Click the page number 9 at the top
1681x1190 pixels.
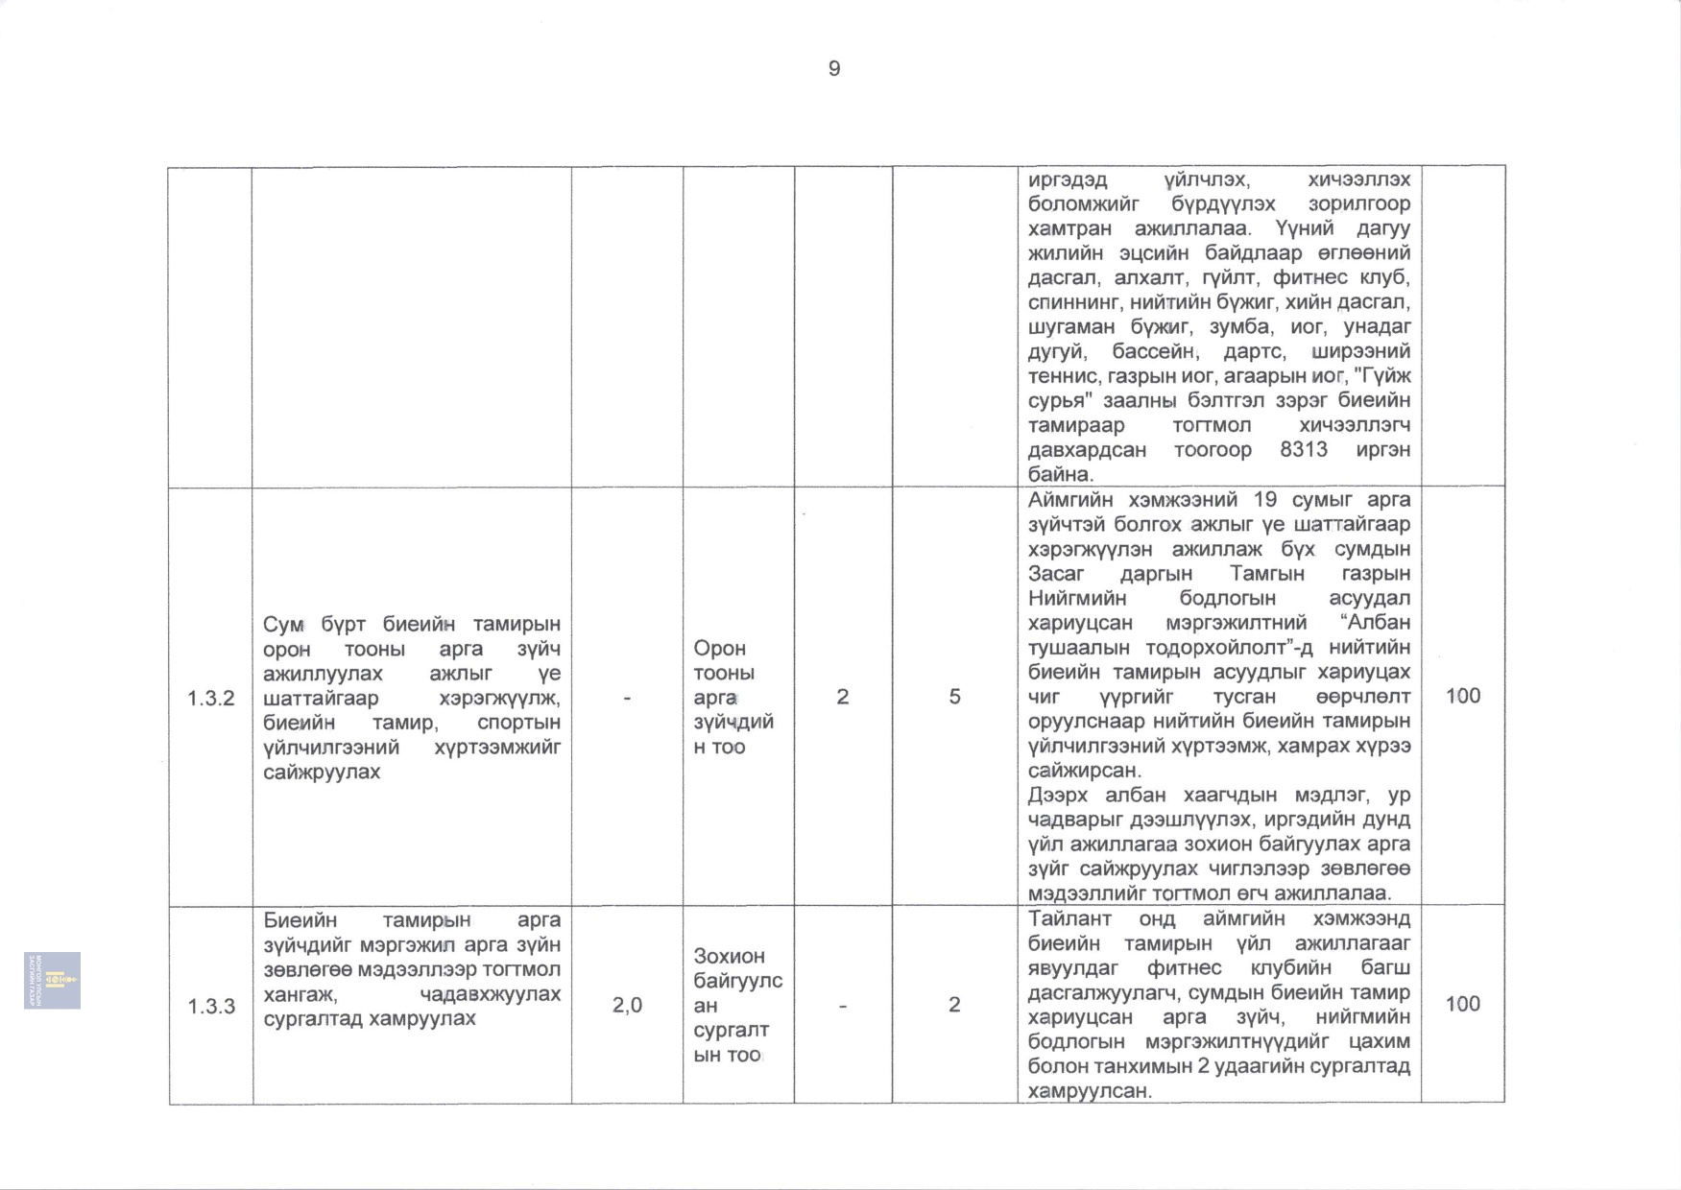click(x=833, y=69)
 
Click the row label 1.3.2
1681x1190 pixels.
click(x=210, y=698)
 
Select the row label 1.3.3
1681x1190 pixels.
click(x=211, y=1006)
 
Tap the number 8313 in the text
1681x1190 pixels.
click(x=1303, y=449)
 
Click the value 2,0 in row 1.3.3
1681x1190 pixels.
click(x=627, y=1005)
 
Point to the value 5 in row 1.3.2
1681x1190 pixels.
click(x=954, y=697)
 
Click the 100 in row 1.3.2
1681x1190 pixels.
click(x=1462, y=696)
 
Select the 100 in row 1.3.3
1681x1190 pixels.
click(x=1462, y=1004)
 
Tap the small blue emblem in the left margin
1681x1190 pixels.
click(x=53, y=980)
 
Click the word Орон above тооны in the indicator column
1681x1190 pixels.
click(x=719, y=648)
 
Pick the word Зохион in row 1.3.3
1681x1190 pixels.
click(x=729, y=956)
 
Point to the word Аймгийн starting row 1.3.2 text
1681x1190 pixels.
click(x=1070, y=499)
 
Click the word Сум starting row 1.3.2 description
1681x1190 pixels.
click(x=283, y=625)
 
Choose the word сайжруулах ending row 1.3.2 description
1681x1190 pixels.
click(x=322, y=772)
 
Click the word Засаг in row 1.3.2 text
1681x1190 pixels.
click(x=1055, y=573)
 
